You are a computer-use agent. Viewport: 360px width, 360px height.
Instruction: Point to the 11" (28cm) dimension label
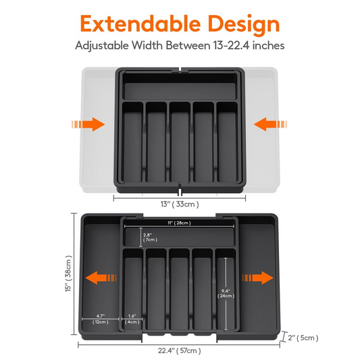click(179, 222)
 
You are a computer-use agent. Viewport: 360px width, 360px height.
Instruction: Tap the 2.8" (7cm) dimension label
click(151, 236)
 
